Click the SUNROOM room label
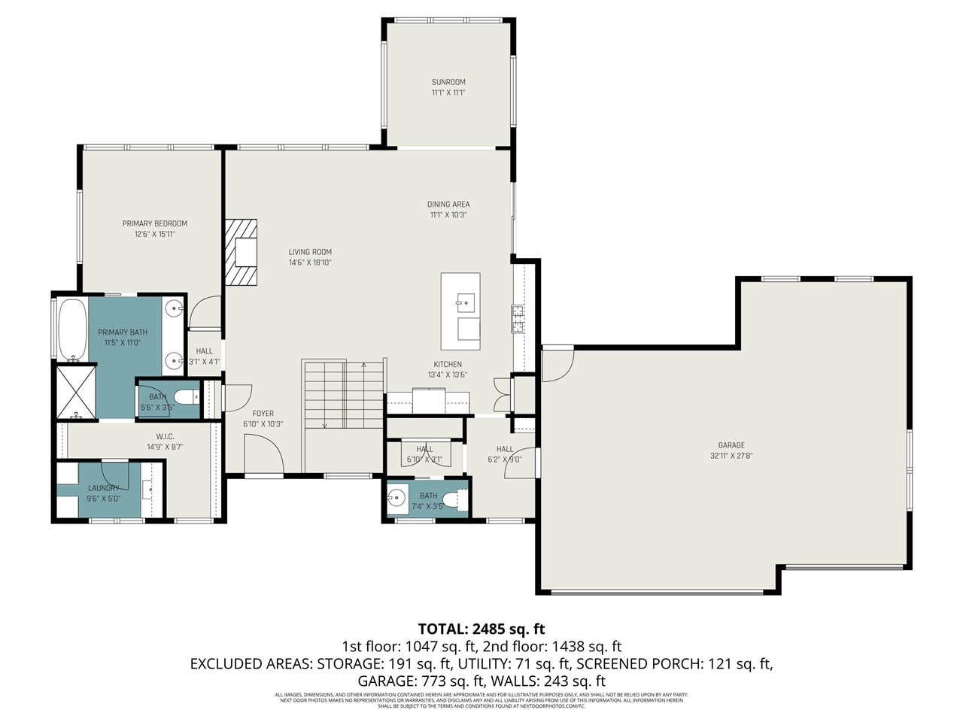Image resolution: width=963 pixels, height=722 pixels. coord(448,82)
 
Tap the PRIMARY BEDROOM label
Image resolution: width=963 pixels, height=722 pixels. coord(155,223)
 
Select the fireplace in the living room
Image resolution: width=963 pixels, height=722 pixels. coord(242,253)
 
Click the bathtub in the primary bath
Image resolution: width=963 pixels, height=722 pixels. coord(72,329)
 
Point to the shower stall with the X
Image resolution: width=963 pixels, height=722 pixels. coord(75,390)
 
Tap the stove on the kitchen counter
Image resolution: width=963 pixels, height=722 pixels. coord(518,319)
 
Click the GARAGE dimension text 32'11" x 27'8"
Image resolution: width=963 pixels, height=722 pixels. coord(731,456)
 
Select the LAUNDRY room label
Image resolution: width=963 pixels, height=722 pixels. coord(103,488)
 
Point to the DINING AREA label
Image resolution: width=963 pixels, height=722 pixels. coord(448,204)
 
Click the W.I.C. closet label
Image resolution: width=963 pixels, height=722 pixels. coord(166,436)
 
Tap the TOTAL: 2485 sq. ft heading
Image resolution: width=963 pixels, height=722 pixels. coord(481,629)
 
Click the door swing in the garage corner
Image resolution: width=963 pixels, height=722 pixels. coord(557,364)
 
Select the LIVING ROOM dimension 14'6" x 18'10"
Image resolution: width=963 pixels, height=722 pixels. coord(310,263)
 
